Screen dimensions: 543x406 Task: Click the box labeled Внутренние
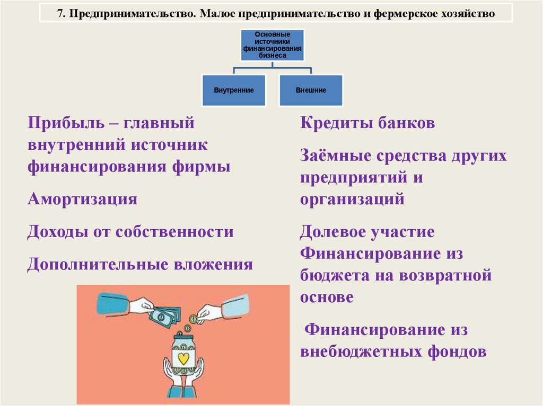coord(234,90)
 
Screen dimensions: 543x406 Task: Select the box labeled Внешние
coord(311,90)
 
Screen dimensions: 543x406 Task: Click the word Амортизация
coord(82,200)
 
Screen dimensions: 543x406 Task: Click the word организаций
coord(352,200)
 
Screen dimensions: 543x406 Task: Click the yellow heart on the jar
coord(183,358)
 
